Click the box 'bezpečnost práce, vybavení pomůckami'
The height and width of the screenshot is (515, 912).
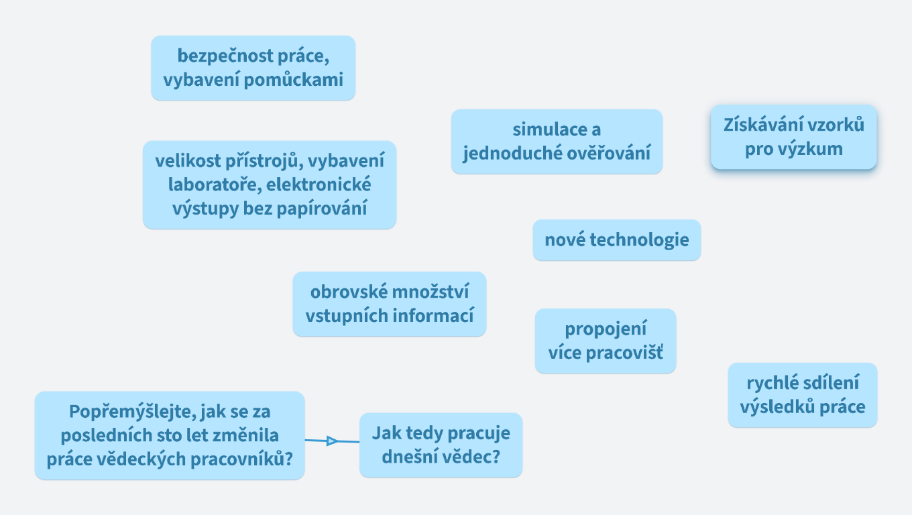pos(253,68)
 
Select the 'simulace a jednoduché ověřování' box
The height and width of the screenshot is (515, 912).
pos(557,141)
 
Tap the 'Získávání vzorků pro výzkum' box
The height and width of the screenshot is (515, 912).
pos(793,136)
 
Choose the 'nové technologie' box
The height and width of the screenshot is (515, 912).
pos(616,239)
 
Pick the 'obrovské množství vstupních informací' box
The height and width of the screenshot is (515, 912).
pos(389,304)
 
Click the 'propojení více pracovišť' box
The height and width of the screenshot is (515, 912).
pos(605,341)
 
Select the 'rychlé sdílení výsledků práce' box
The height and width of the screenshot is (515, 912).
pos(802,395)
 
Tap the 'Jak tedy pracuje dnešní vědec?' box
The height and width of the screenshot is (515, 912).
pos(441,445)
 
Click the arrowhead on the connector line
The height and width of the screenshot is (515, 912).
pos(331,441)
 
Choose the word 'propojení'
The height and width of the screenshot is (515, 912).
pos(606,329)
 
